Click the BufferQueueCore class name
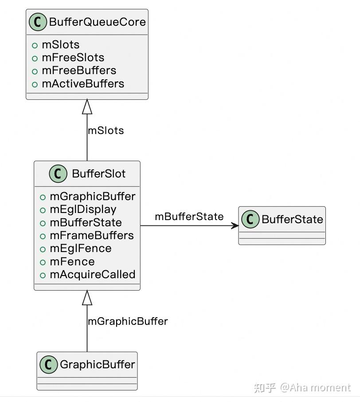click(97, 22)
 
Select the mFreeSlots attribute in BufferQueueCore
click(73, 58)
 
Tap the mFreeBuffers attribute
click(78, 71)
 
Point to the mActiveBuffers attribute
click(82, 83)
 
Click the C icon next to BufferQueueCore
click(38, 22)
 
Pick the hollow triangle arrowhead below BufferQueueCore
click(87, 106)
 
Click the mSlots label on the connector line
click(106, 130)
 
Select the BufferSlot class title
click(98, 174)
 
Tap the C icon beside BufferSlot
click(58, 174)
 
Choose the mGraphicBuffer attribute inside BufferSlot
click(92, 196)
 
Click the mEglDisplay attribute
click(82, 209)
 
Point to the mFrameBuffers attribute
click(91, 235)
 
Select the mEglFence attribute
click(80, 248)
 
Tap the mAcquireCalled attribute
click(92, 275)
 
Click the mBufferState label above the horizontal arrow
click(189, 217)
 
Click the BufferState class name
click(292, 219)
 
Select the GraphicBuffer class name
click(97, 365)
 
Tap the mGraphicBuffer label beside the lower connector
click(128, 321)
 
